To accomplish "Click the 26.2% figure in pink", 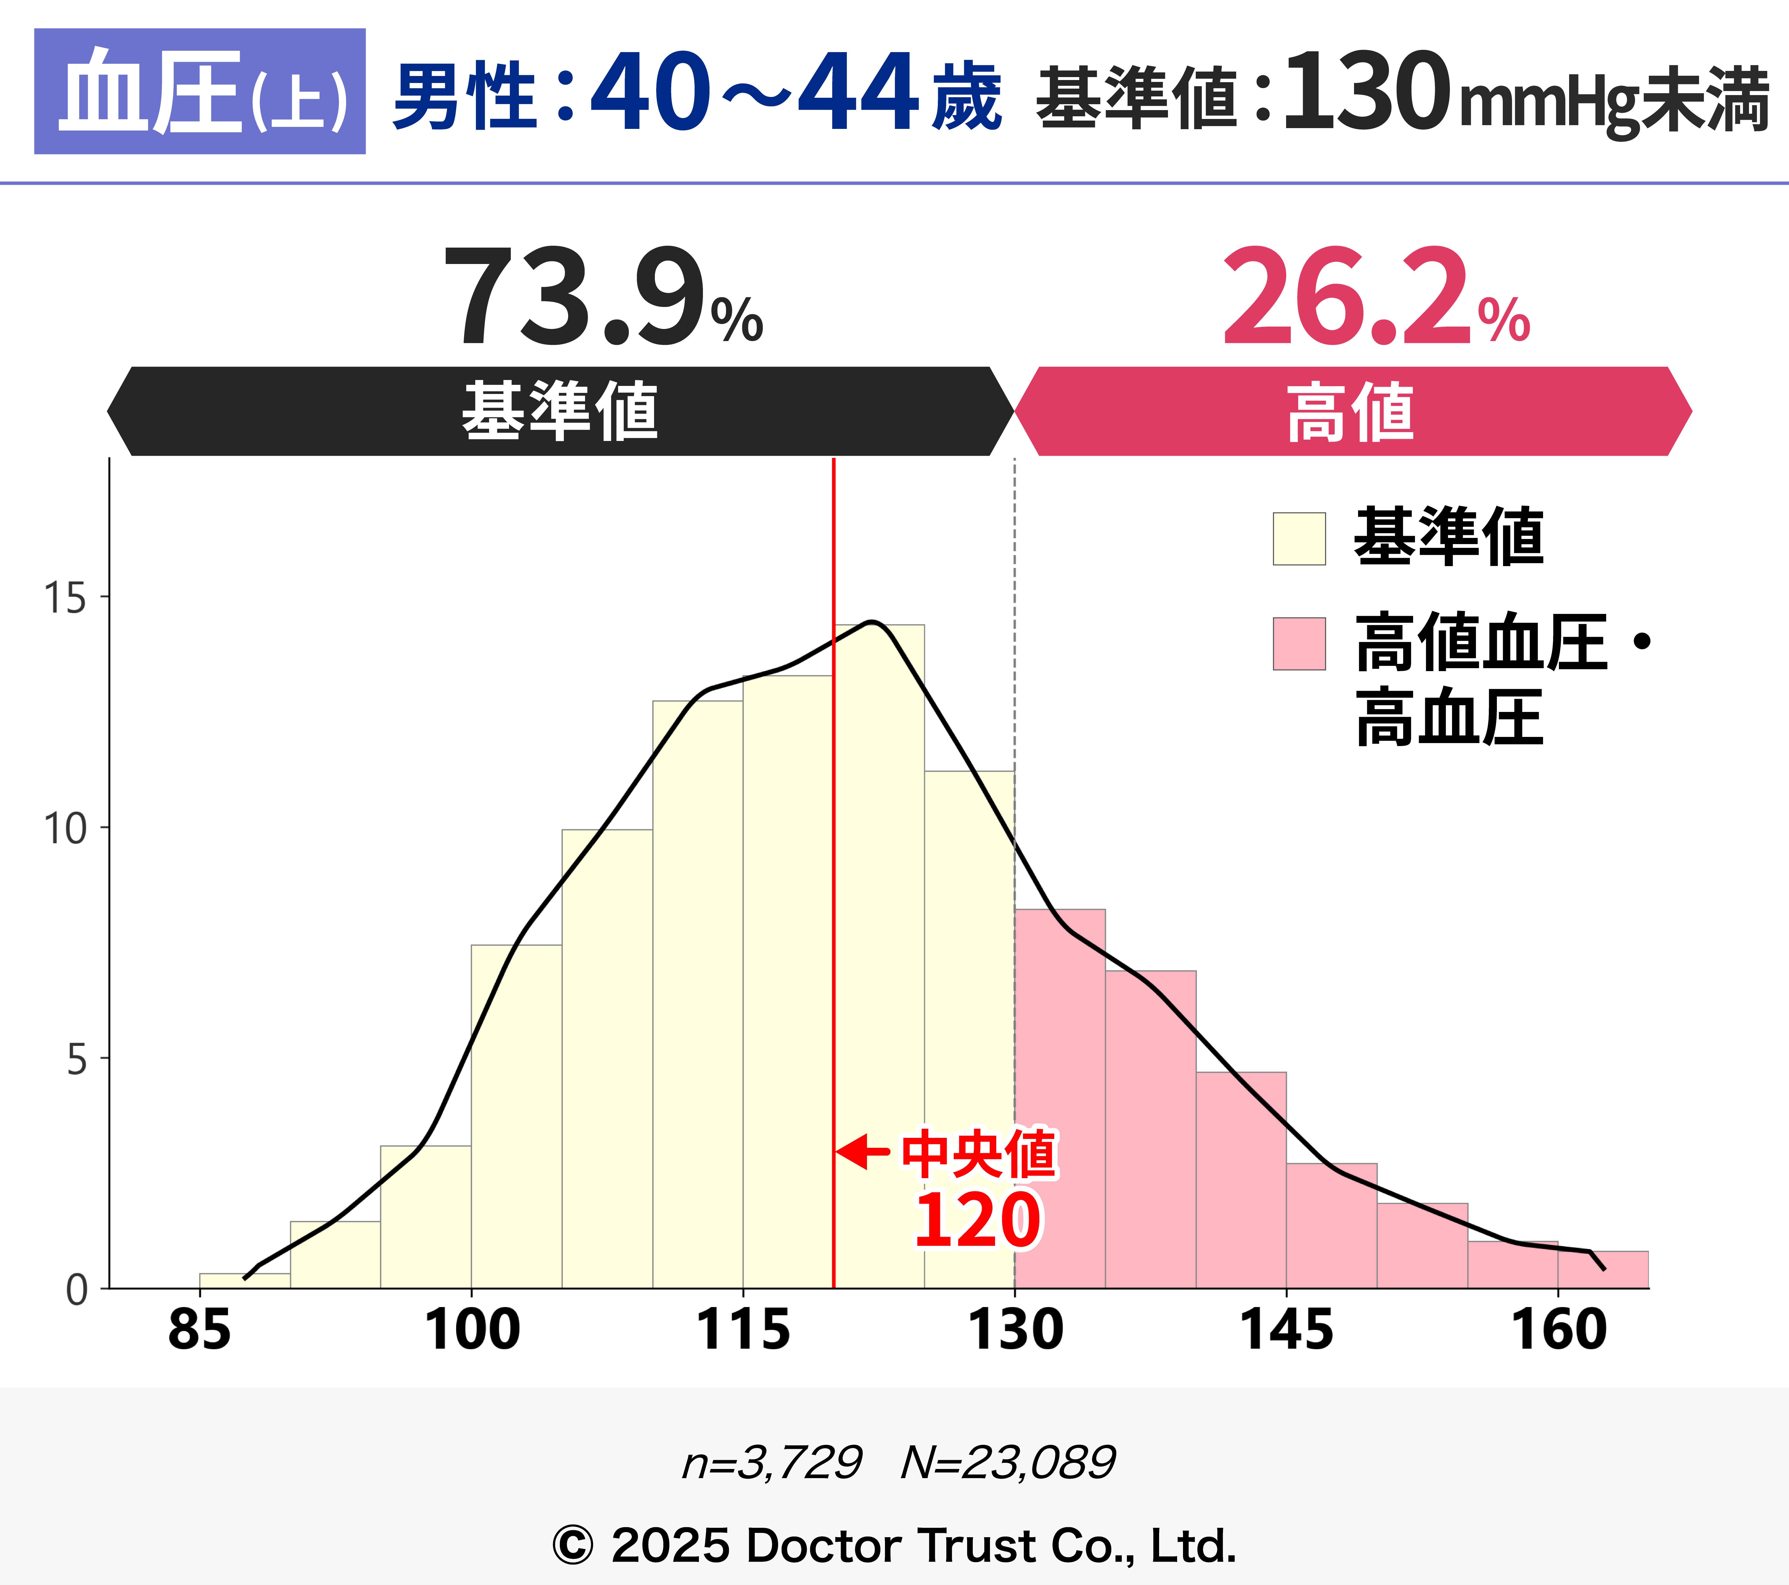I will pyautogui.click(x=1374, y=298).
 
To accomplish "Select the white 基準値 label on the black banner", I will pyautogui.click(x=560, y=411).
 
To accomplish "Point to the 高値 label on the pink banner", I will pyautogui.click(x=1351, y=411).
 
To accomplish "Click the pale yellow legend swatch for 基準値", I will pyautogui.click(x=1299, y=538).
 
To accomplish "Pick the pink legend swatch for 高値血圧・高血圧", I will pyautogui.click(x=1299, y=643).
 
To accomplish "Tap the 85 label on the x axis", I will pyautogui.click(x=199, y=1330).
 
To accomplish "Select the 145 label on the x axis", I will pyautogui.click(x=1287, y=1330).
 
